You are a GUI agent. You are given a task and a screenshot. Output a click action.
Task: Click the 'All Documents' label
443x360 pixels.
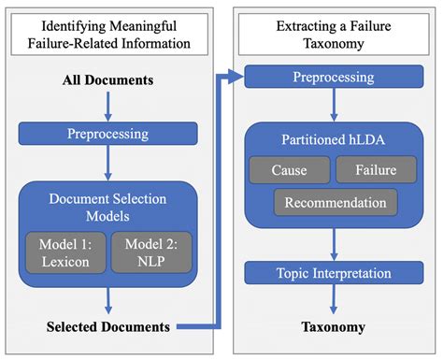click(x=108, y=81)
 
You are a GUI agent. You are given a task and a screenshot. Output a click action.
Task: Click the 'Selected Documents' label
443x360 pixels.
click(x=108, y=326)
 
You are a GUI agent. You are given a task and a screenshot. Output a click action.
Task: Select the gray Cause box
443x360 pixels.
click(x=289, y=170)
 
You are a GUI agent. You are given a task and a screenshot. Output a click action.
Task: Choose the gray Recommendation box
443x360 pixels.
click(x=335, y=202)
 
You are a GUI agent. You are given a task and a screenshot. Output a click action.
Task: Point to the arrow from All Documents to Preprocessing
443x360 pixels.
click(x=108, y=106)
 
